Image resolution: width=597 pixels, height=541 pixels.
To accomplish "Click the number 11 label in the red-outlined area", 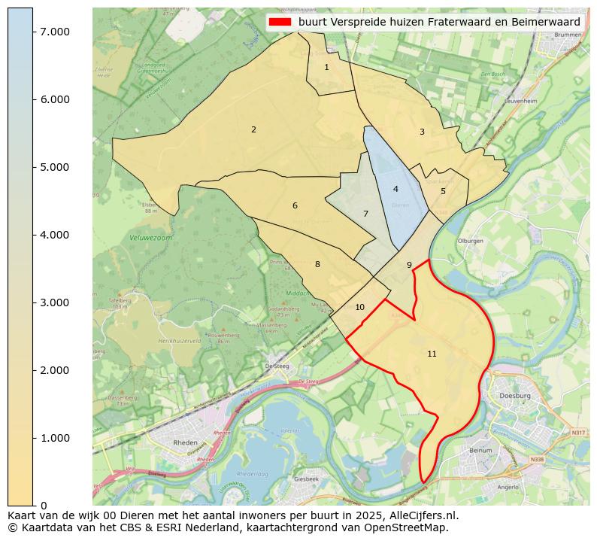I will [432, 354].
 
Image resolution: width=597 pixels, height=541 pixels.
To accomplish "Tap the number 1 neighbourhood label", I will [326, 68].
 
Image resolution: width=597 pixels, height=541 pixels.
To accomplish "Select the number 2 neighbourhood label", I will [253, 130].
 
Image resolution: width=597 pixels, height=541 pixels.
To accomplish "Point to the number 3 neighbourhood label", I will [422, 132].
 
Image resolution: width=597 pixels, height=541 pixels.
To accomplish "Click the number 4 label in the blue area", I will [395, 190].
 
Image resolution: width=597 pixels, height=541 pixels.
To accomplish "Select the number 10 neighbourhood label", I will [359, 308].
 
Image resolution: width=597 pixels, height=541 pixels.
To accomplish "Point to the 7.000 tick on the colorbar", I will [54, 32].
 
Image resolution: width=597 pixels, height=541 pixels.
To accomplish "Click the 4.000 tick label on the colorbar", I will [54, 235].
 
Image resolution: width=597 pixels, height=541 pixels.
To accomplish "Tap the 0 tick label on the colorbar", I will [43, 506].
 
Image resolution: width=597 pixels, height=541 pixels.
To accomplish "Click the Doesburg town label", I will [515, 396].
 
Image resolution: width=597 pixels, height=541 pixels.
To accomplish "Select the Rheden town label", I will [185, 443].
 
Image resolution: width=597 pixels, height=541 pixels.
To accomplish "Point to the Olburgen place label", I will [470, 241].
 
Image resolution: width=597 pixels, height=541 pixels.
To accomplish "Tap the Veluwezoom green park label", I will [146, 237].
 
